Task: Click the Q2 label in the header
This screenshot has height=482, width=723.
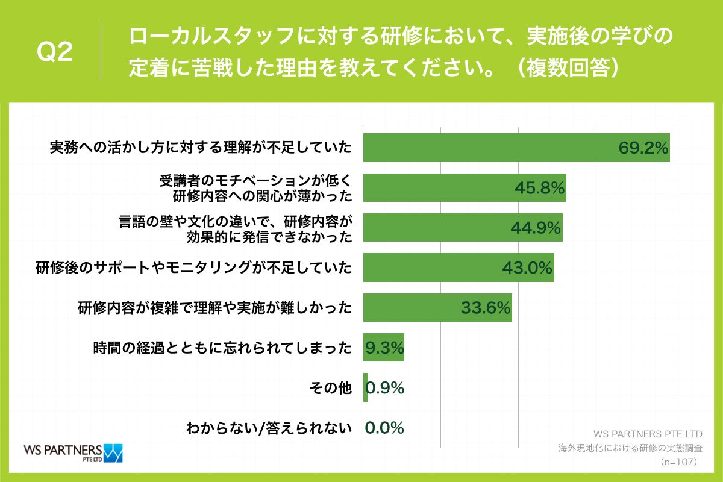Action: pos(55,52)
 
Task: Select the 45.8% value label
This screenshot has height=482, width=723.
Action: pos(539,188)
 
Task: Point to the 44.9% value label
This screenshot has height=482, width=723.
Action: pos(536,228)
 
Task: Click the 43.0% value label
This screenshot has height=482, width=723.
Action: pos(527,268)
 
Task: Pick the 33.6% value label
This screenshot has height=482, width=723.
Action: pos(486,308)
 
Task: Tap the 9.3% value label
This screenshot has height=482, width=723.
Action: pos(384,348)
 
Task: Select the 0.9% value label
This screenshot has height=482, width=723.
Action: pos(384,388)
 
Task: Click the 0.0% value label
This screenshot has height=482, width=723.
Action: pos(384,428)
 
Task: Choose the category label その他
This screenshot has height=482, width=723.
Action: pos(337,389)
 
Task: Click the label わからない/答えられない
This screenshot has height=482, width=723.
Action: pos(269,428)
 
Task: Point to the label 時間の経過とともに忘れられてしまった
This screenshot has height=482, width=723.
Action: pos(222,348)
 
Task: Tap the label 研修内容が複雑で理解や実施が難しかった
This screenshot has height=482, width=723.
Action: pos(214,308)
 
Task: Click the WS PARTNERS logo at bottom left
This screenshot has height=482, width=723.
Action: pos(72,452)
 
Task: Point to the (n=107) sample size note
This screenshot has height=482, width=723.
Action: pos(678,462)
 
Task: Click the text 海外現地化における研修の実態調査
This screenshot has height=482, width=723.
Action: pos(630,448)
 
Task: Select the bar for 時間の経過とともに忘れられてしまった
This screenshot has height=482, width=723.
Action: pos(383,348)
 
